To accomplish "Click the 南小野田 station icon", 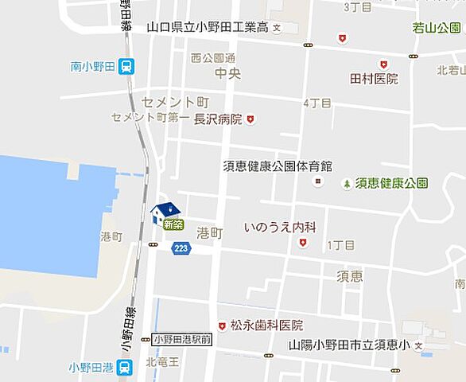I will (126, 68).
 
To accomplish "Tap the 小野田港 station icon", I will (124, 367).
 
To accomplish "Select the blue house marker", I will (165, 212).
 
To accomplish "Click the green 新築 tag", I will (173, 225).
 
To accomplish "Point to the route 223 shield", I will (181, 248).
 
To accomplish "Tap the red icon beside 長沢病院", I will (250, 119).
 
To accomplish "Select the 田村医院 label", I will (374, 79).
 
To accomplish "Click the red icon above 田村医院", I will (383, 64).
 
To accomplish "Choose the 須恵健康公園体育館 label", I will (277, 166).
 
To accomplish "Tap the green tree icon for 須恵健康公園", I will (347, 184).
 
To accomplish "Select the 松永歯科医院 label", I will (266, 325).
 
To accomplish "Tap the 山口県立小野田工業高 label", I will (207, 27).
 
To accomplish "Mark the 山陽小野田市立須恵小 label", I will (349, 345).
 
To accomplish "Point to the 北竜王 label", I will (162, 362).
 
